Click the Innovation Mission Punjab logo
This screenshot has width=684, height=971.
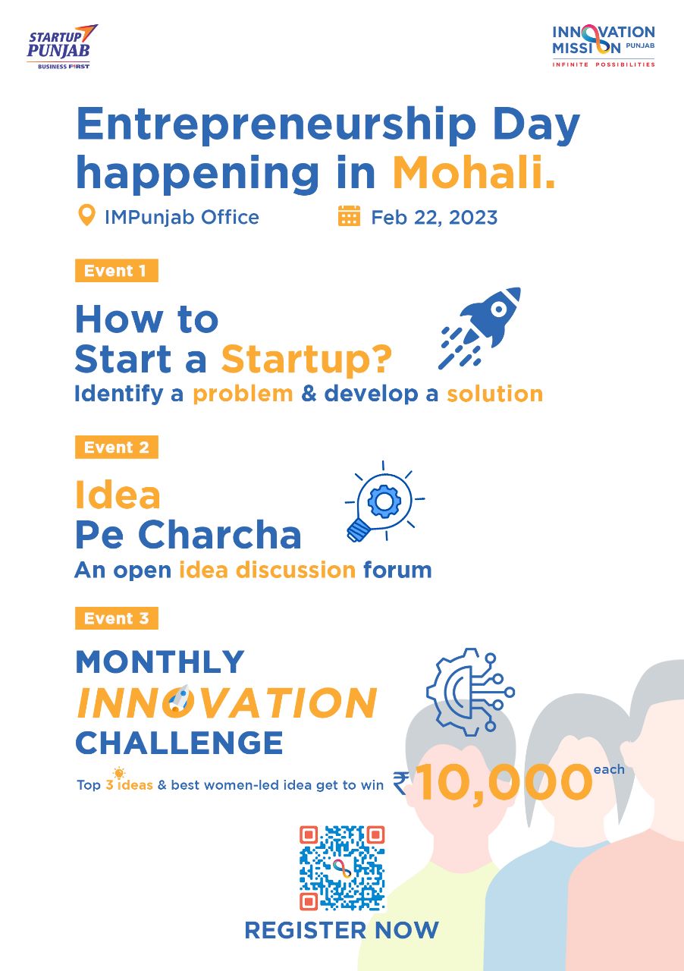coord(603,46)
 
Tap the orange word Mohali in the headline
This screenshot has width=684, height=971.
coord(474,173)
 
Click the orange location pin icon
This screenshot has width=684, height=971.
coord(87,216)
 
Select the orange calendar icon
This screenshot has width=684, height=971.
coord(349,216)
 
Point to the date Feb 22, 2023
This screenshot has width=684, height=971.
coord(434,218)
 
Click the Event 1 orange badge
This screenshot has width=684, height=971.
coord(116,271)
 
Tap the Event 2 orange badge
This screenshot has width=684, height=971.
coord(116,447)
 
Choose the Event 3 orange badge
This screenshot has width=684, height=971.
coord(116,618)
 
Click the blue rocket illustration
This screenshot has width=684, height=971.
coord(480,327)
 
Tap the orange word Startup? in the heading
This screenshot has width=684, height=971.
coord(306,360)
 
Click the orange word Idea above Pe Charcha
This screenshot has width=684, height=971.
coord(118,495)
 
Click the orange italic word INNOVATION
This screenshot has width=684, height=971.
coord(227,703)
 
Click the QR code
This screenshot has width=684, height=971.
coord(342,868)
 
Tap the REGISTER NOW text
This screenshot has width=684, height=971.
coord(341,930)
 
